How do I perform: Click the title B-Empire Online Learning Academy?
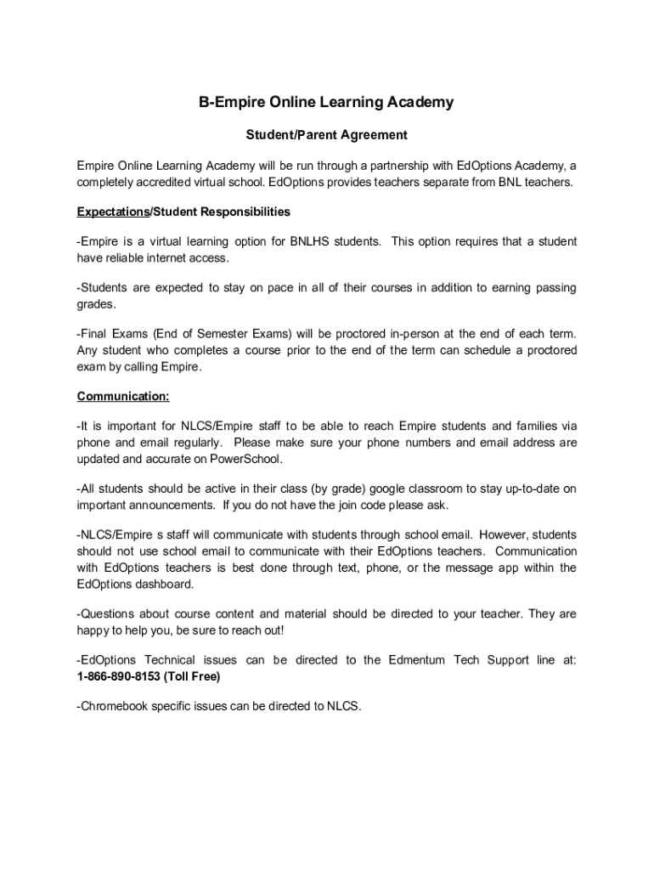[326, 103]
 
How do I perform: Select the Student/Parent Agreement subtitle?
[327, 135]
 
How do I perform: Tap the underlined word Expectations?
[113, 212]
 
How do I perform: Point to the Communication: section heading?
[123, 396]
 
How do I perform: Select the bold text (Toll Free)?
[192, 676]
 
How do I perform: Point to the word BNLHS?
[311, 242]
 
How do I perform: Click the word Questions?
[107, 613]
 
